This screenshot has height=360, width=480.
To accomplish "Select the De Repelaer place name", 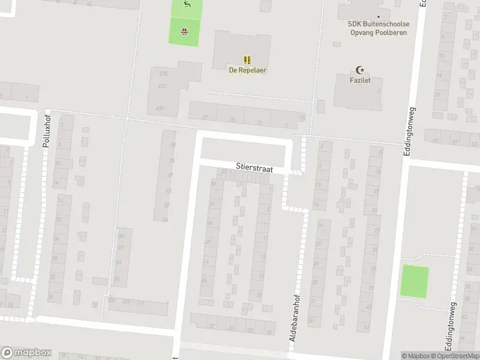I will [247, 70].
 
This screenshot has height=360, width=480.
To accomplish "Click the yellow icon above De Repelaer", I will [247, 60].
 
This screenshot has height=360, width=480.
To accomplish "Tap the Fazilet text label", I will [360, 80].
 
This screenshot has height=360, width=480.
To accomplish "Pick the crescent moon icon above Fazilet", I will [360, 70].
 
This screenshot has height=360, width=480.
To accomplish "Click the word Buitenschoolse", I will [386, 25].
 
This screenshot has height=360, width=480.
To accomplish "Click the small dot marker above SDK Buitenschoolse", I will [379, 17].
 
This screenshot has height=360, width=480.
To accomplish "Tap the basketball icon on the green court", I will [184, 32].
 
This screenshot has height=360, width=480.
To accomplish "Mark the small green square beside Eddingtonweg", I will [415, 281].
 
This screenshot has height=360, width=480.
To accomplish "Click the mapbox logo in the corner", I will [26, 353].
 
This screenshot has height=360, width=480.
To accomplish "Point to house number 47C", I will [163, 74].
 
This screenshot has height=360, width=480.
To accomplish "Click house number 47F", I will [160, 108].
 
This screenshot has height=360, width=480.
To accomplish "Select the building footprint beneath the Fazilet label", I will [358, 96].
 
